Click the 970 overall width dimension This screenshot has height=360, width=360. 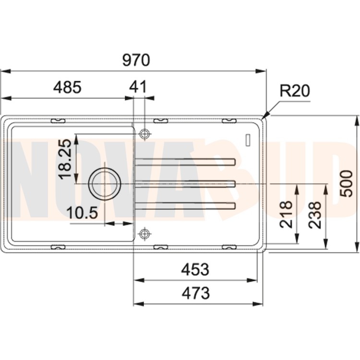point(136,60)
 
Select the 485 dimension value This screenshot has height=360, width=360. point(67,87)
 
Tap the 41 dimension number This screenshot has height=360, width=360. point(138,87)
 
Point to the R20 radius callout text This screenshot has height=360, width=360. point(295,91)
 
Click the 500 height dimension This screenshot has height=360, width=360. point(346,183)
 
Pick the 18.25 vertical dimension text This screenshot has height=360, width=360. point(65,159)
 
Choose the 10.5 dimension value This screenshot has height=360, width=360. point(82,213)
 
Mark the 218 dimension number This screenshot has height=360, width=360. point(286,215)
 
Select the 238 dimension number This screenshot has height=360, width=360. point(314,215)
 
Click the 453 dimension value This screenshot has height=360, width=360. point(195,269)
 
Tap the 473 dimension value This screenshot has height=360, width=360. point(196,293)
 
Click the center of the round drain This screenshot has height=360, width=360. point(105,184)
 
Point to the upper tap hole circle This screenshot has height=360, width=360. point(144,133)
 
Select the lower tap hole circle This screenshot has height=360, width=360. point(144,233)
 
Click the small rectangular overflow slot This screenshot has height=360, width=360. point(248,139)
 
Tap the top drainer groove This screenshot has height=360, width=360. point(185,162)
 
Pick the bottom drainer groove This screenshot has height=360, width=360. point(185,206)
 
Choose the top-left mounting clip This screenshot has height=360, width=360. point(58,120)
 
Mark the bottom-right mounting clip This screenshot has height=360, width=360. point(229,247)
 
